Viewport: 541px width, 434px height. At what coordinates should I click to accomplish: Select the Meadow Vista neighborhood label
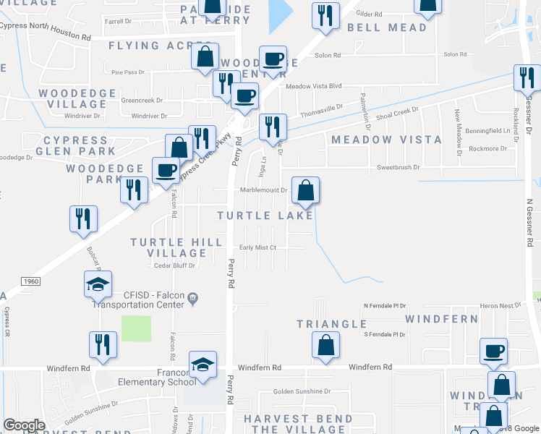tap(386, 140)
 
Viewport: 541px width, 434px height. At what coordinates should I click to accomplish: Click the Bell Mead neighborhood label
tap(387, 28)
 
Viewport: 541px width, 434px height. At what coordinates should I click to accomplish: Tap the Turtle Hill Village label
tap(169, 247)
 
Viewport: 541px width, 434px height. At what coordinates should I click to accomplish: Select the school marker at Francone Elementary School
tap(203, 365)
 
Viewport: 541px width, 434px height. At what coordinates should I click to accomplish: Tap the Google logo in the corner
tap(24, 425)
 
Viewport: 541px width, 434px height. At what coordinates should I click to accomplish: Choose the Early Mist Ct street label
tap(258, 247)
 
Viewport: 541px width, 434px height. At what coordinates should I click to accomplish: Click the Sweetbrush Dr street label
tap(399, 167)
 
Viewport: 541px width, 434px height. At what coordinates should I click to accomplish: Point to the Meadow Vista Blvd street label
tap(313, 86)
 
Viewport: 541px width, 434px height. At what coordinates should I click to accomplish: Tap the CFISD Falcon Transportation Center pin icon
tap(192, 297)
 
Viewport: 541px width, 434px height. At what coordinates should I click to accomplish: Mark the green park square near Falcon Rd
tap(136, 328)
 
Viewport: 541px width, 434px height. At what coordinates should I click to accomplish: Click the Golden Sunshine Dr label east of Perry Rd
tap(302, 391)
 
